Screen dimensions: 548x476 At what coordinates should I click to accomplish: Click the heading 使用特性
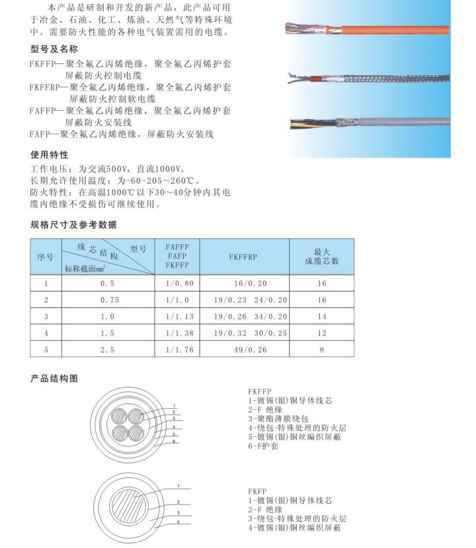[50, 156]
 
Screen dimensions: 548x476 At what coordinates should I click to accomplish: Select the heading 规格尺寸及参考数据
[73, 225]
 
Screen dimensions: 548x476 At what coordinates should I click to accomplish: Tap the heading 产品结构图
[55, 378]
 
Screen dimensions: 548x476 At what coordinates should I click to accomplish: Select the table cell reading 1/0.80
[177, 283]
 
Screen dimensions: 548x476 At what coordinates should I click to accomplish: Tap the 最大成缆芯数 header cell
[322, 257]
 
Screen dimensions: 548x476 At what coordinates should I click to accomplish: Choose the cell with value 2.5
[107, 349]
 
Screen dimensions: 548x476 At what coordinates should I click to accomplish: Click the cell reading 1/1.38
[177, 333]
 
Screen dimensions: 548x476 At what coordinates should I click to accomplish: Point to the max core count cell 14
[322, 316]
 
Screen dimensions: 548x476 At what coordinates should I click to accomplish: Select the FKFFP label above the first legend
[260, 391]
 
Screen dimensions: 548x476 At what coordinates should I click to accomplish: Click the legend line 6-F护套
[263, 446]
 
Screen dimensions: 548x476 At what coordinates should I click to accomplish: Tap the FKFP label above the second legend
[257, 492]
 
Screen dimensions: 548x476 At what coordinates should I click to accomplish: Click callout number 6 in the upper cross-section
[175, 441]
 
